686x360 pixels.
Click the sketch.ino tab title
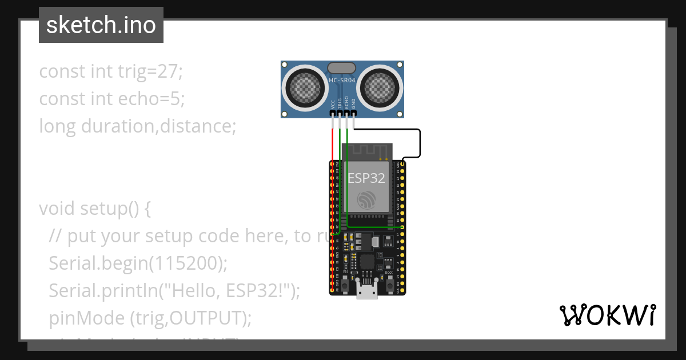(101, 25)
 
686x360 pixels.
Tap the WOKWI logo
(607, 315)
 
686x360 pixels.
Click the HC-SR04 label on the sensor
(342, 81)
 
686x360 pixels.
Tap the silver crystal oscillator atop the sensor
(342, 67)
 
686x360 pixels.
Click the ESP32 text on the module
(366, 178)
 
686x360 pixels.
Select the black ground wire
(420, 143)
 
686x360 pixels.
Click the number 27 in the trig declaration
(168, 73)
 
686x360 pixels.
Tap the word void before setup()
(57, 209)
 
